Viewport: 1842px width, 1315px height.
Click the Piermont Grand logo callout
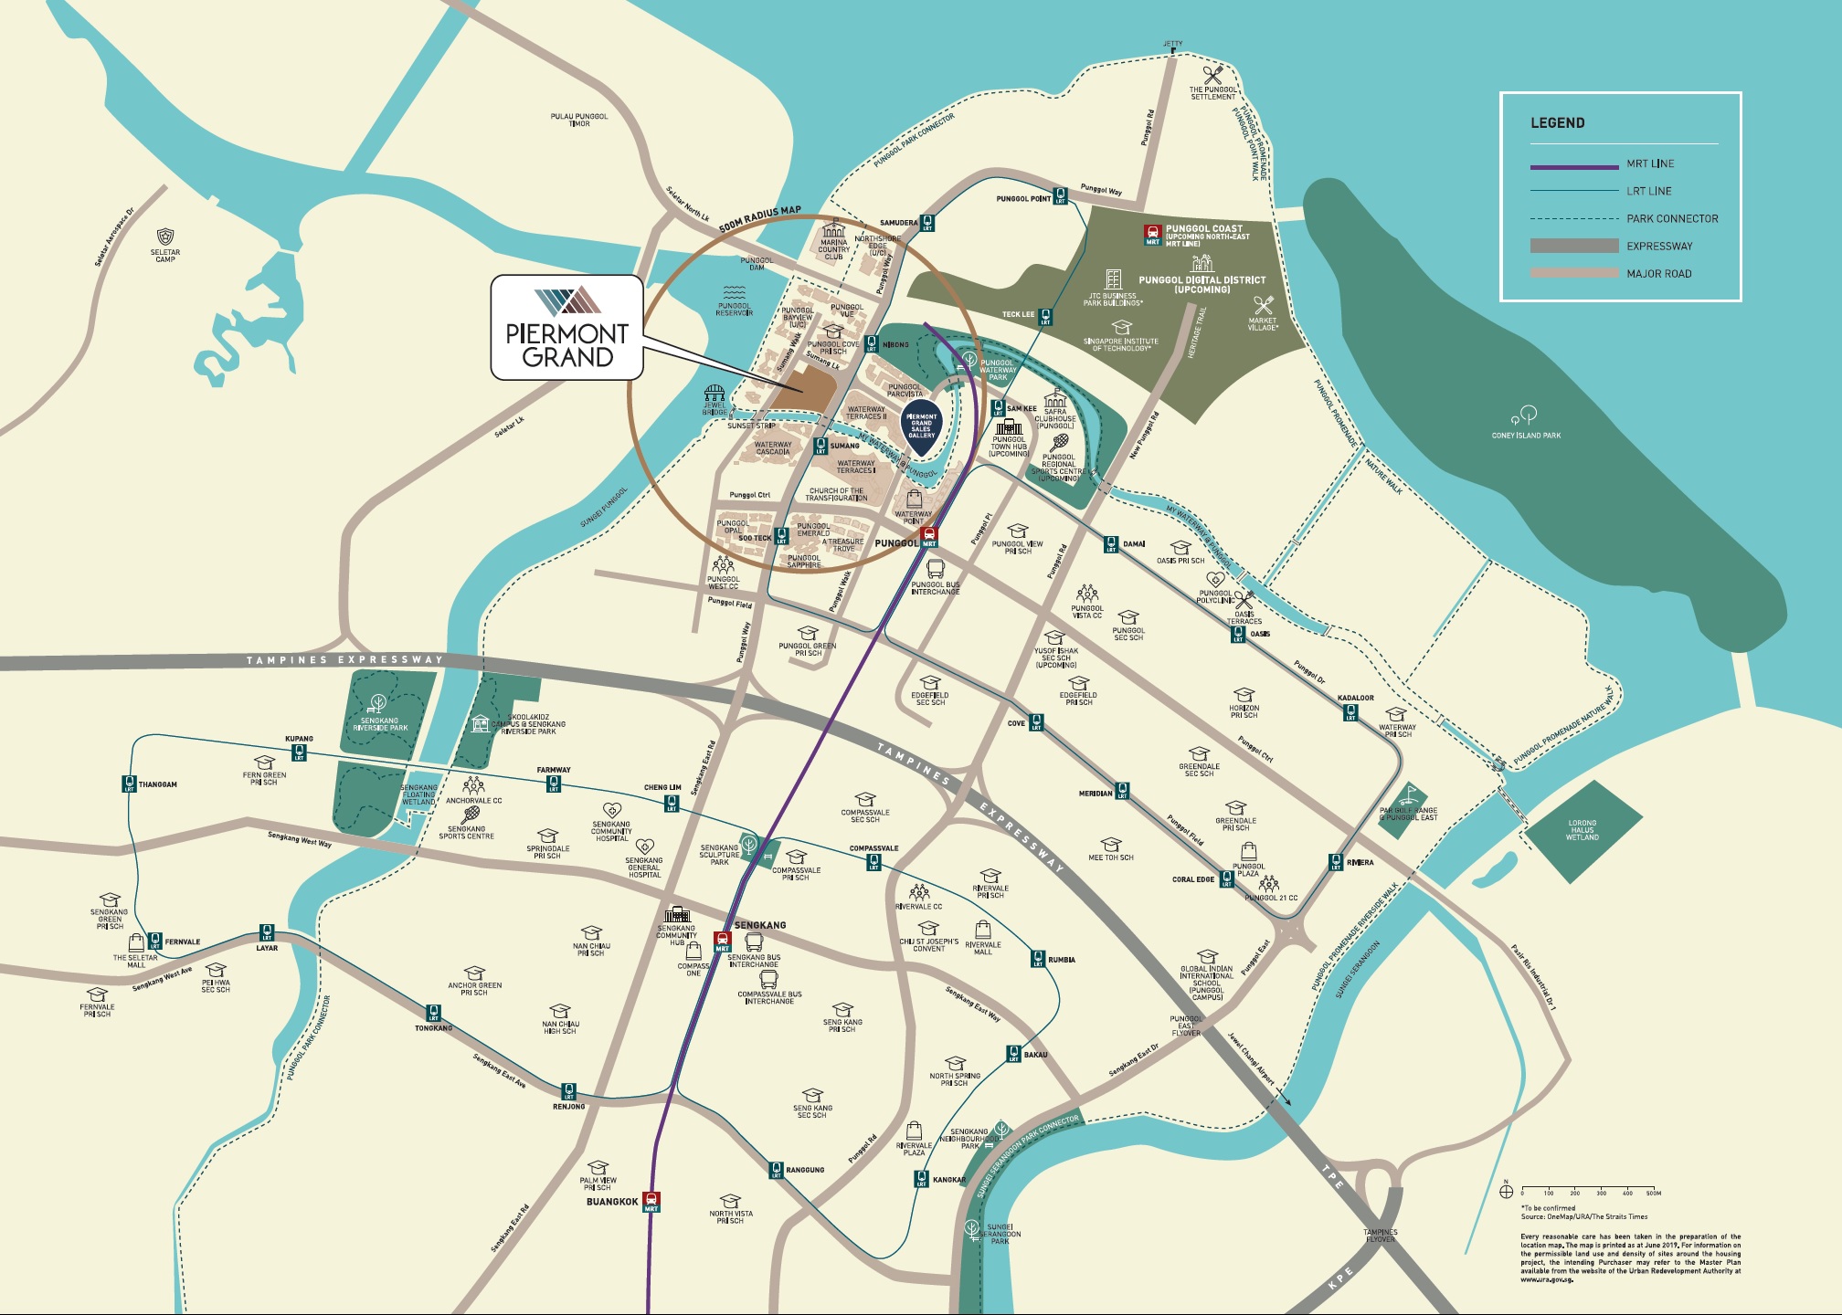[x=566, y=327]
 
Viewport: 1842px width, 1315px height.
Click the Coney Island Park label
[x=1526, y=436]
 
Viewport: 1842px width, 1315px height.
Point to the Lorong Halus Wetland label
[x=1582, y=830]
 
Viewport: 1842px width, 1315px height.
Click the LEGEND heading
[x=1557, y=123]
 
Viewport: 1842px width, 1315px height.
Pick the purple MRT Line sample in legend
[x=1573, y=166]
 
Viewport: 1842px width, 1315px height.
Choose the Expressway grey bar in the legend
[x=1573, y=246]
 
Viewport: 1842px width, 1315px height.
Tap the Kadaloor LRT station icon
[x=1350, y=714]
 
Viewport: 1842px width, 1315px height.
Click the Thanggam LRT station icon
[x=130, y=784]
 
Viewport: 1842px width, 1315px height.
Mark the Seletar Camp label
[x=165, y=256]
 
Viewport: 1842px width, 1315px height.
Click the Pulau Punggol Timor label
[x=579, y=120]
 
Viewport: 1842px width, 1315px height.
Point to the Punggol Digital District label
[x=1202, y=284]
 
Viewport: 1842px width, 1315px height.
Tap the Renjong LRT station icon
[x=568, y=1091]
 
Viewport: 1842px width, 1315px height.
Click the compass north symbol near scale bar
[x=1507, y=1192]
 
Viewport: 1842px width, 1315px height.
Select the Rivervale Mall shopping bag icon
[x=983, y=930]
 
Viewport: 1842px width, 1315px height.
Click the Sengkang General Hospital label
[x=644, y=868]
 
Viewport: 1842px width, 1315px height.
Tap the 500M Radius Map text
[x=759, y=218]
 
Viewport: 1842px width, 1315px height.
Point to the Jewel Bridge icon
[x=715, y=394]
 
